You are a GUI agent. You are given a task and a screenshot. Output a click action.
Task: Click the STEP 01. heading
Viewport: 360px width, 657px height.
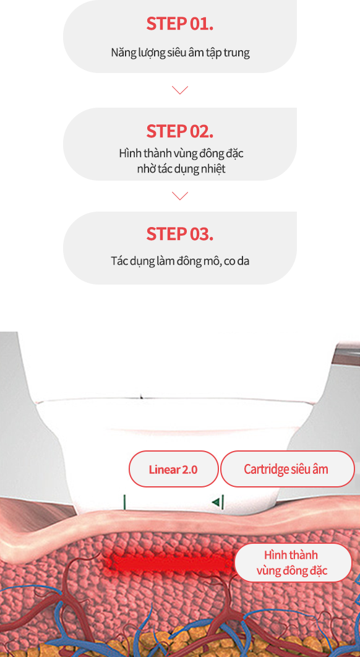[179, 24]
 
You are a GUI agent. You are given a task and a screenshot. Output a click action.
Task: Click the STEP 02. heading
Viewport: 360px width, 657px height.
[179, 131]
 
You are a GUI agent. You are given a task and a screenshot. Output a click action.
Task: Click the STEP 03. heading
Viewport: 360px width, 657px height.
[179, 234]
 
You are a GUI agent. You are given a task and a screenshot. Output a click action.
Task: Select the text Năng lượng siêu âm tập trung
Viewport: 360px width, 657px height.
[180, 53]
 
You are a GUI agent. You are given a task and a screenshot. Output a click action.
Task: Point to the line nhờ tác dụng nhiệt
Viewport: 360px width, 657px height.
[181, 168]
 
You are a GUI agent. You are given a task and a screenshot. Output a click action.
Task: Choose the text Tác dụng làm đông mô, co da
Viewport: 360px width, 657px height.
[180, 260]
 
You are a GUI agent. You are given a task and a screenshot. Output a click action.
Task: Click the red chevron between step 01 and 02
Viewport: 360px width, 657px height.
[179, 90]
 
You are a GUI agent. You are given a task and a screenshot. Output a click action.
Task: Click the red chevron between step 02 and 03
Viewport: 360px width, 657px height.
[179, 196]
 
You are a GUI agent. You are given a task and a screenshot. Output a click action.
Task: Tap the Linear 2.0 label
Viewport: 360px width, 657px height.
[173, 469]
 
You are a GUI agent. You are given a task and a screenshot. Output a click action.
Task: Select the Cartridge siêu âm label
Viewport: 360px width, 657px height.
[286, 469]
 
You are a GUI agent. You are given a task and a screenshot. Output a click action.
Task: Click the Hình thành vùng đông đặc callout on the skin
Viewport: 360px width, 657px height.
[292, 562]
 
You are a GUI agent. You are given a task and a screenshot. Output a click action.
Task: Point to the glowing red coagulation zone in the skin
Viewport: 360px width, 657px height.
[167, 562]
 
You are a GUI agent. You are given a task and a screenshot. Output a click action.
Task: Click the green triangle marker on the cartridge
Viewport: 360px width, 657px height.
[216, 502]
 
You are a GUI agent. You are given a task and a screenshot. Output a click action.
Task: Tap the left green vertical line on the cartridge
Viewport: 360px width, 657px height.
[124, 502]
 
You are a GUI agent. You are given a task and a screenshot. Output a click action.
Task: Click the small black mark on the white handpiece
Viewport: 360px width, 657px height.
[142, 397]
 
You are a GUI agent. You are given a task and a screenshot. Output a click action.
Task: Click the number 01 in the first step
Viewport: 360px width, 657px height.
[200, 24]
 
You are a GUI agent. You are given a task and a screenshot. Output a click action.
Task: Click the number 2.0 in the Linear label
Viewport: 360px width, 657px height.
[189, 469]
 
